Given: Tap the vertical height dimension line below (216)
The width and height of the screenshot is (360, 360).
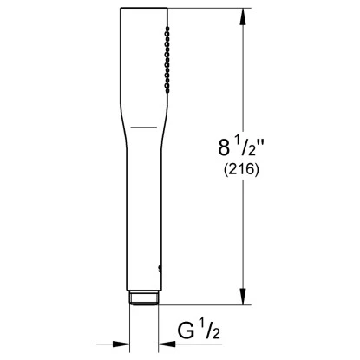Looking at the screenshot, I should point(242,234).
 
